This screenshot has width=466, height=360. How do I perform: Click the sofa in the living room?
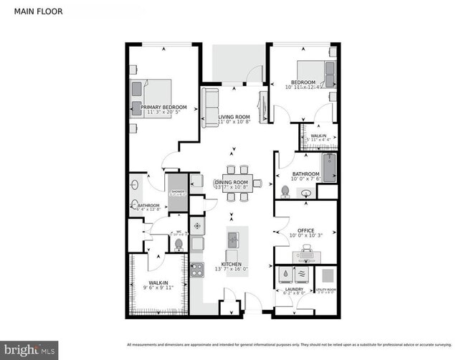tap(209, 108)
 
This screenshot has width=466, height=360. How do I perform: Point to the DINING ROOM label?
tap(232, 183)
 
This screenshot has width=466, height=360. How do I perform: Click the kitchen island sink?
tap(233, 238)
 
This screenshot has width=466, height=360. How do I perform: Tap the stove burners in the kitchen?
tap(197, 271)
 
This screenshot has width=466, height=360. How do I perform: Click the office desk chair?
tap(306, 250)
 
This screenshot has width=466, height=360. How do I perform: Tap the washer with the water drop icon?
tap(285, 274)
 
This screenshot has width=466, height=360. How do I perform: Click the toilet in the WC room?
tap(179, 245)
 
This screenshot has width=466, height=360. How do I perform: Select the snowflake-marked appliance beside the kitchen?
tap(197, 224)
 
